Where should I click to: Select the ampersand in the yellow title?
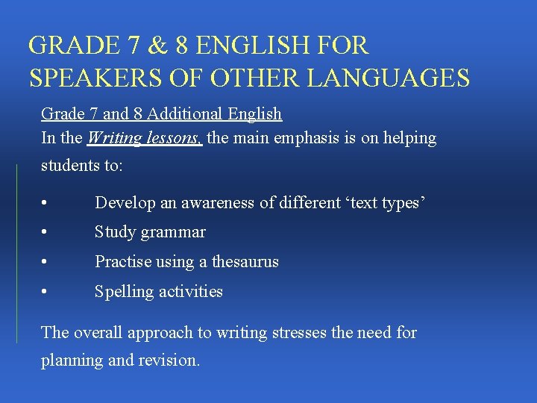click(157, 46)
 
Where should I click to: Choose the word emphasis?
click(303, 138)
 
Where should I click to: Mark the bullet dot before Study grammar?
click(46, 233)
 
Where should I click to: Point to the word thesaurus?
click(245, 262)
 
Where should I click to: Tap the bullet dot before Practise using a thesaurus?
click(46, 263)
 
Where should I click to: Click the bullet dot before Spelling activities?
click(46, 293)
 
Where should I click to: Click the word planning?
click(72, 360)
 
